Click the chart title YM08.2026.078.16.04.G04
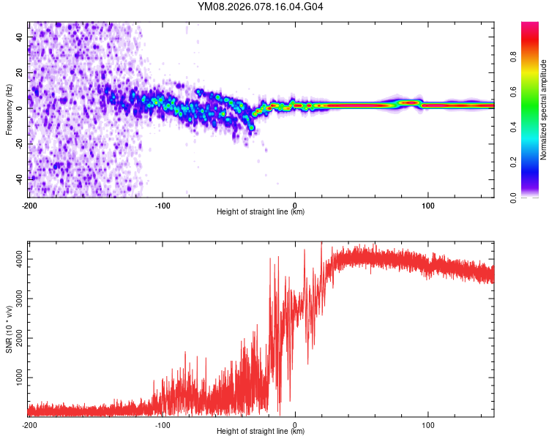coord(261,7)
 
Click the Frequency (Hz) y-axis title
coord(9,109)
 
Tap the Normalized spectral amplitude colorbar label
coord(544,110)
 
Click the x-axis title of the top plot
coord(261,211)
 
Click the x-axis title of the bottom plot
coord(261,431)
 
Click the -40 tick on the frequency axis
coord(19,179)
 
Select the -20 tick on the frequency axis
coord(19,143)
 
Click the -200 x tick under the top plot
coord(29,204)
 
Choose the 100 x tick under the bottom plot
coord(428,424)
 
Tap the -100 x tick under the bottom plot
coord(162,424)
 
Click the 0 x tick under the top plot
coord(295,204)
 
